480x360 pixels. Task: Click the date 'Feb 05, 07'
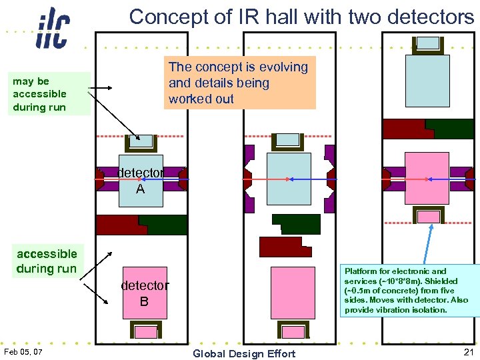coord(23,351)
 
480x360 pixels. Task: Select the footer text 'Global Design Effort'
coord(243,353)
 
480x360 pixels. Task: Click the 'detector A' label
coord(140,181)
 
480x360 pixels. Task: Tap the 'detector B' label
coord(144,293)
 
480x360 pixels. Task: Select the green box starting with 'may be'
coord(40,94)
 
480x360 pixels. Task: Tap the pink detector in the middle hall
coord(287,292)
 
